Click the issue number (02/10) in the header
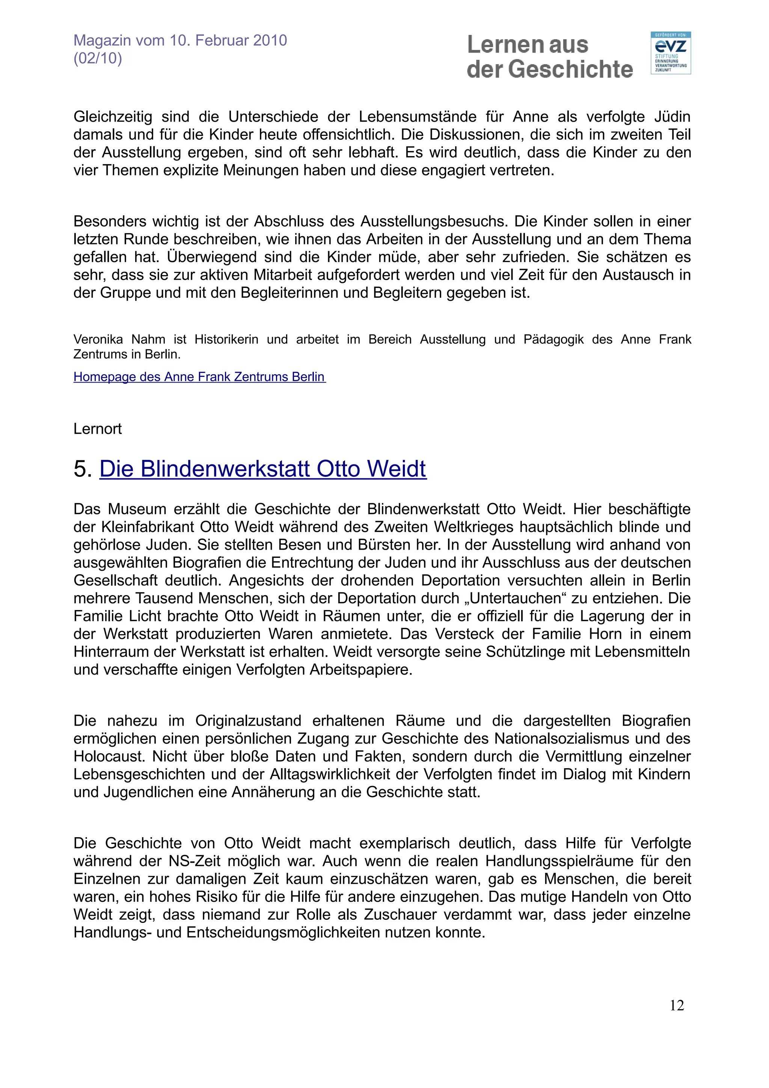[98, 58]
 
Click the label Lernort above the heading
[98, 429]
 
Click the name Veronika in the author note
[98, 339]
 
